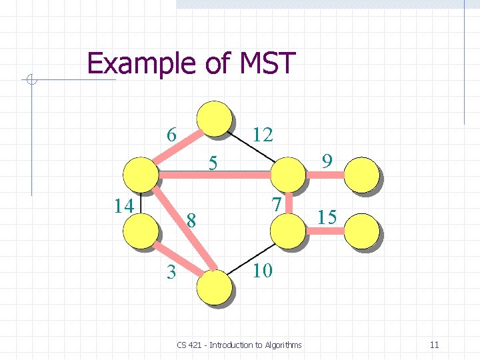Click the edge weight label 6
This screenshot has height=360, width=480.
coord(171,135)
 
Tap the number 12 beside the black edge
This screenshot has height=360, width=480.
coord(263,135)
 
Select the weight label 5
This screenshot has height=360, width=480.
coord(213,163)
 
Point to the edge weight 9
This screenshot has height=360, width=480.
coord(327,161)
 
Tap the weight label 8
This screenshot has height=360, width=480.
coord(191,219)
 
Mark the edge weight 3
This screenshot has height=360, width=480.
coord(171,272)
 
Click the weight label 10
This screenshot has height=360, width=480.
coord(263,271)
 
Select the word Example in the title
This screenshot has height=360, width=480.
coord(133,64)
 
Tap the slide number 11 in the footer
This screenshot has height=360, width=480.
coord(434,345)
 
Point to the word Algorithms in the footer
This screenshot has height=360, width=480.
coord(283,345)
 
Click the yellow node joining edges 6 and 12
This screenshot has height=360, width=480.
coord(214,119)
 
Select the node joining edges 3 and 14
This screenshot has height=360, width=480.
coord(141,231)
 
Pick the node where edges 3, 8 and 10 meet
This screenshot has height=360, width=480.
coord(215,287)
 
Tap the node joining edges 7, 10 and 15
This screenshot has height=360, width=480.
coord(288,231)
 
